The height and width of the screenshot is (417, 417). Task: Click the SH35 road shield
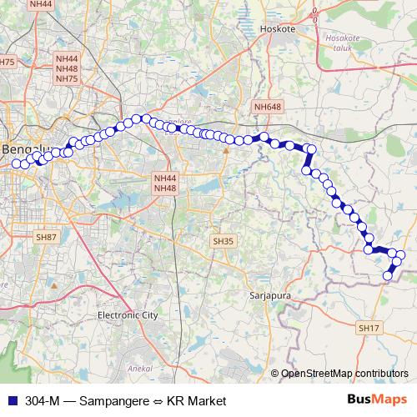(x=222, y=241)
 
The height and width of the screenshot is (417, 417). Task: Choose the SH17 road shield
(x=368, y=329)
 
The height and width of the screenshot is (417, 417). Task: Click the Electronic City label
(x=128, y=316)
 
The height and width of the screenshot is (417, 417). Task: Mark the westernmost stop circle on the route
(x=15, y=164)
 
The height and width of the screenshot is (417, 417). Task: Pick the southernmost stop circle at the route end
(x=387, y=276)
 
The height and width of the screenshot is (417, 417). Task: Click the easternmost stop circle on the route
(x=400, y=254)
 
